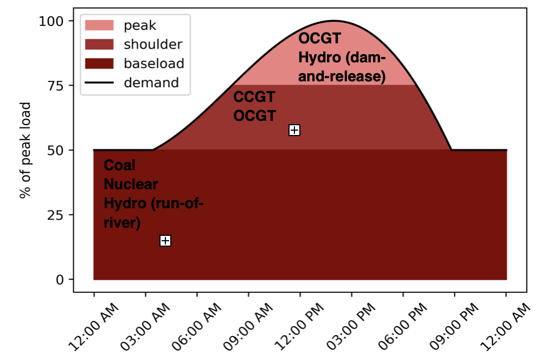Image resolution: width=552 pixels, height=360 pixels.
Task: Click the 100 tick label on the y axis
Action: [x=50, y=21]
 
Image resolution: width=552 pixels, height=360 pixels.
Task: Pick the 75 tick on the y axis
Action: [x=54, y=86]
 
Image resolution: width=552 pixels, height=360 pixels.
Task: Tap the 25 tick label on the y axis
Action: [x=54, y=215]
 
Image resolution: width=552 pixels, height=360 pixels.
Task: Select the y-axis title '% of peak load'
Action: [x=24, y=150]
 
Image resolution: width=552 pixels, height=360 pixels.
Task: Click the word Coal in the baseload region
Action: [x=120, y=165]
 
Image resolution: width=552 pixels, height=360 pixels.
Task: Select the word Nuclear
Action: [x=131, y=184]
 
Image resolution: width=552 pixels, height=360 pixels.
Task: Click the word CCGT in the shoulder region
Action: [x=254, y=97]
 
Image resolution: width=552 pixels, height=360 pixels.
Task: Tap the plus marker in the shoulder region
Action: [x=294, y=130]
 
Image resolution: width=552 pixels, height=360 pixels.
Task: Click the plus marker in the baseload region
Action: [x=165, y=241]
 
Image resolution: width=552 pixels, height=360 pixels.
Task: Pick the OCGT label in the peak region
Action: [x=319, y=39]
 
